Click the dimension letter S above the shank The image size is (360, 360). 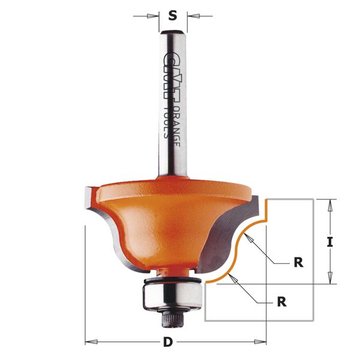pos(173,16)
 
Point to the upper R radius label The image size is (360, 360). pos(298,262)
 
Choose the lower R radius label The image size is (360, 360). pos(282,302)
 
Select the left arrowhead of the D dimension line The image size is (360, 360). pos(90,342)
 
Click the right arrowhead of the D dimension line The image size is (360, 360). pos(262,342)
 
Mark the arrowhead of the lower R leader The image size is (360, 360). pos(235,277)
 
